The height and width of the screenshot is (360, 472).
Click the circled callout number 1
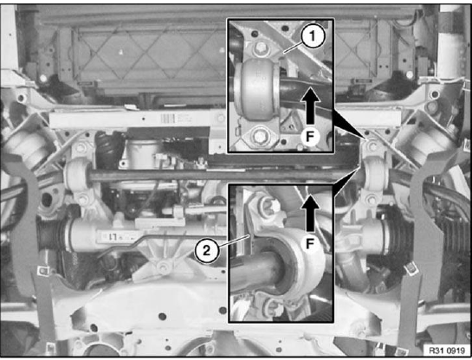tap(313, 37)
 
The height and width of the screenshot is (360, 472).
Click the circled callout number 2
tap(206, 250)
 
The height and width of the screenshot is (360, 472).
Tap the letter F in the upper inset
tap(309, 137)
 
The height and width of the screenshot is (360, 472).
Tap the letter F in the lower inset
tap(309, 243)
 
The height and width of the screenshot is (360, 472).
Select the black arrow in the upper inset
tap(311, 106)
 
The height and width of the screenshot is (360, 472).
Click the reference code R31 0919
tap(447, 350)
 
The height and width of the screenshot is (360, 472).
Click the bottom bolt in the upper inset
tap(260, 136)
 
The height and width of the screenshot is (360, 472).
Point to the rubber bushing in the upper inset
tap(256, 90)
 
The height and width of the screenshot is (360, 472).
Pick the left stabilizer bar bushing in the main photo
tap(77, 175)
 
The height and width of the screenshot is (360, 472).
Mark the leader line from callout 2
tap(233, 241)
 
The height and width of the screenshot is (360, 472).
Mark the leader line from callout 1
tap(294, 48)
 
